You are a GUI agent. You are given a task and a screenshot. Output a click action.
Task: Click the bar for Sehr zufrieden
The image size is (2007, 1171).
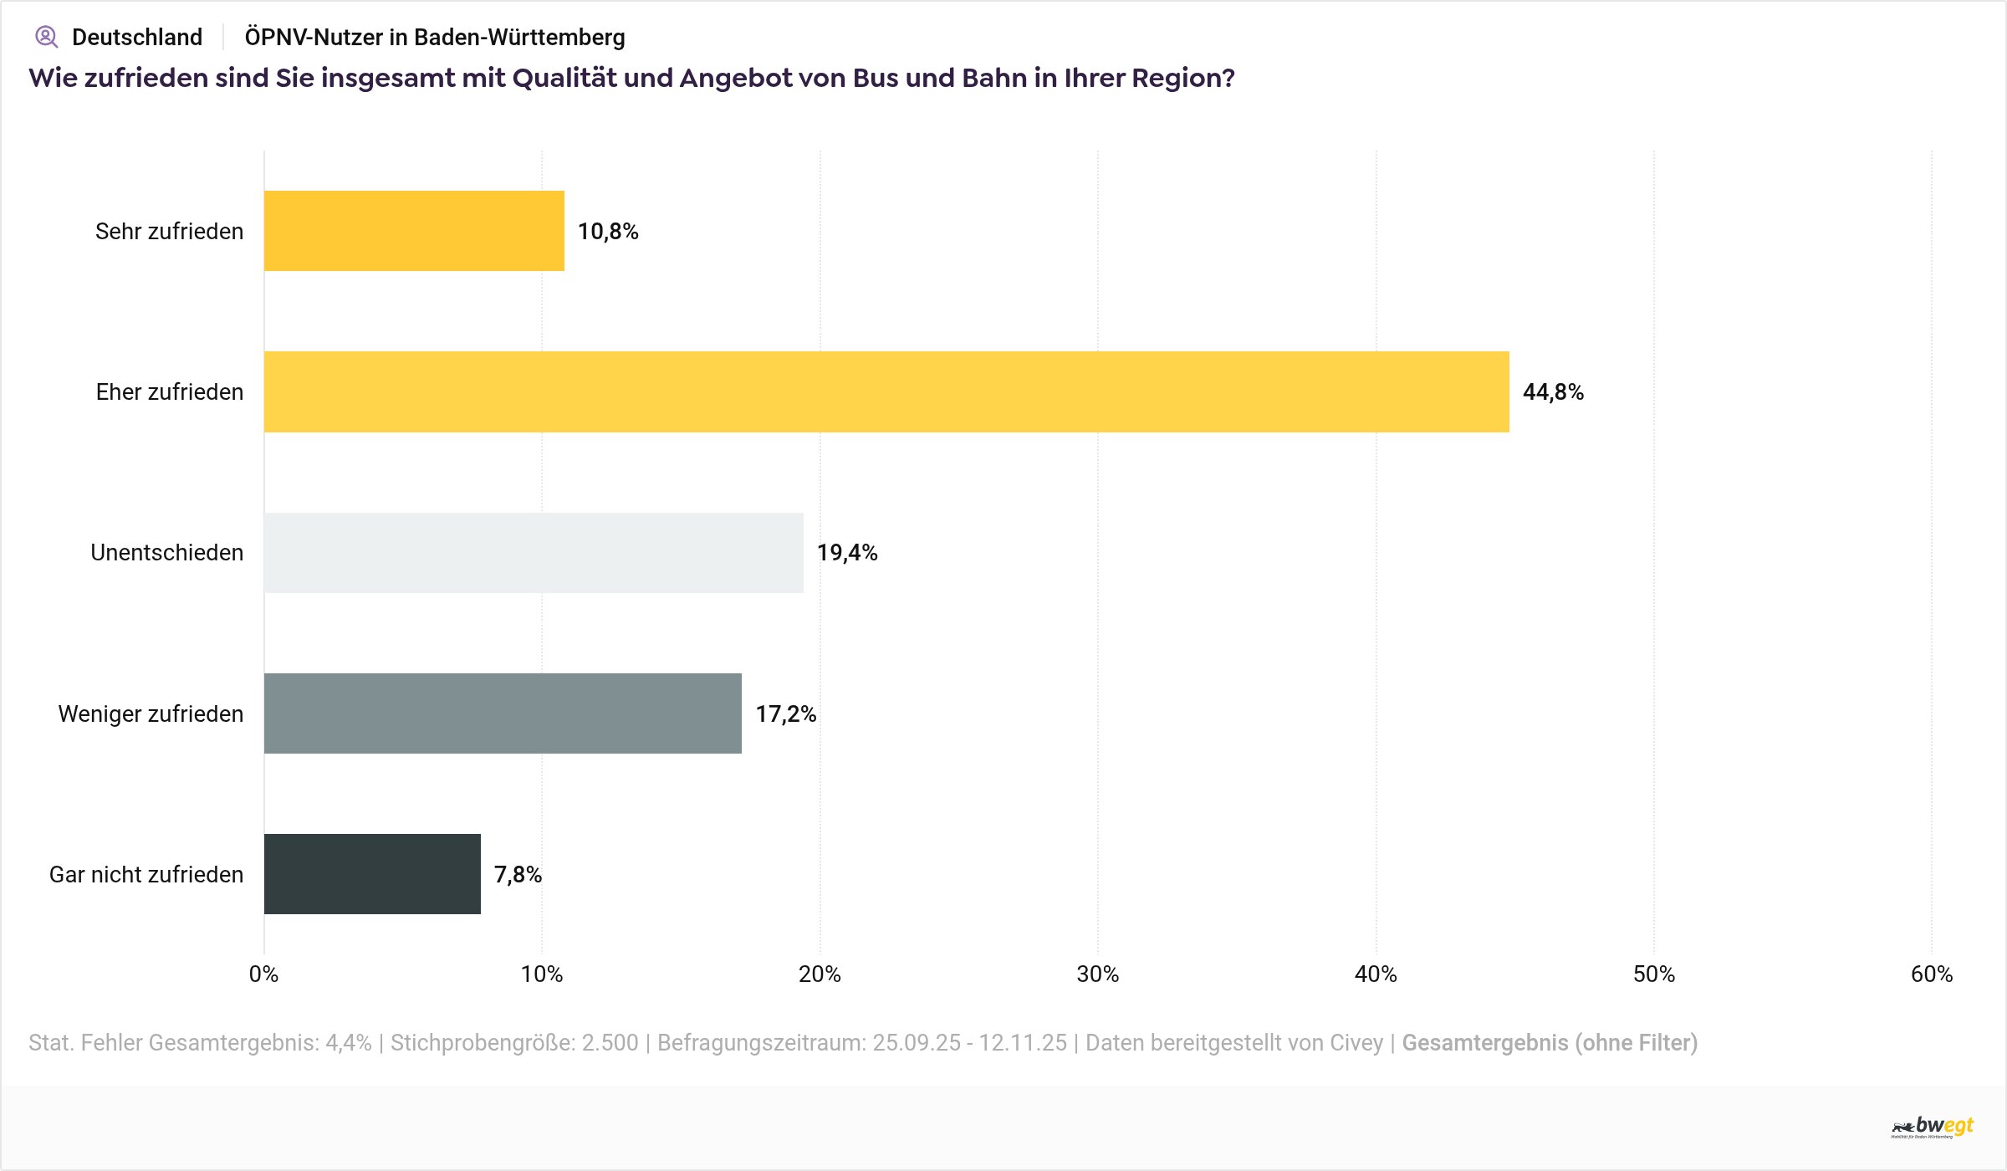tap(414, 231)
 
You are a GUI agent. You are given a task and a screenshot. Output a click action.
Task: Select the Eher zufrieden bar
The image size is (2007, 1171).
tap(886, 391)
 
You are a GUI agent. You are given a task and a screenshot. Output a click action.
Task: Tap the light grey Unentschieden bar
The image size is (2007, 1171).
tap(534, 553)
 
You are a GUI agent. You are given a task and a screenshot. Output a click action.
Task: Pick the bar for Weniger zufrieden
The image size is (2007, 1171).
tap(503, 713)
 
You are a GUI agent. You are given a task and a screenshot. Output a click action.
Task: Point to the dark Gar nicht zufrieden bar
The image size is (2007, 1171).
tap(372, 874)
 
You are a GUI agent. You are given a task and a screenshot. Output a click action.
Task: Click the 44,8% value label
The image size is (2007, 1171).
tap(1553, 392)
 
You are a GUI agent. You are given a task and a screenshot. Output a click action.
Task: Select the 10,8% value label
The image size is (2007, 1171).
tap(608, 232)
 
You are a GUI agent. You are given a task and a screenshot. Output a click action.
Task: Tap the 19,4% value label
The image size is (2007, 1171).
tap(847, 553)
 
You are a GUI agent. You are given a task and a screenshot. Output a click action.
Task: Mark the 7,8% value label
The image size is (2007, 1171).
tap(518, 875)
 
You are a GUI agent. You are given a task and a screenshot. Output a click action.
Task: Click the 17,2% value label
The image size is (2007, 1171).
tap(785, 714)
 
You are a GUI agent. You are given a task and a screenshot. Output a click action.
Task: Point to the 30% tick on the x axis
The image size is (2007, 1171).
tap(1097, 974)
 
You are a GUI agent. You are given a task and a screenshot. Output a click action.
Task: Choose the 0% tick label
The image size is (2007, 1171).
tap(263, 974)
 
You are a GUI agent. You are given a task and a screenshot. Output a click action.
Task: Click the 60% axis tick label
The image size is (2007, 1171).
tap(1931, 974)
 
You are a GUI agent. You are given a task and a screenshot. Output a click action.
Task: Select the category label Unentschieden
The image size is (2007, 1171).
tap(167, 553)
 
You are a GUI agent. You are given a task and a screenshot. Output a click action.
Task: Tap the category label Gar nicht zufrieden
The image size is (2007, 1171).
tap(146, 875)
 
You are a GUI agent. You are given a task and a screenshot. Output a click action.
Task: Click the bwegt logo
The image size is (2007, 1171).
tap(1933, 1127)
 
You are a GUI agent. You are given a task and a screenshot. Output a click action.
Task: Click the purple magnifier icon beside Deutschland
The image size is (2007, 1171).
tap(46, 37)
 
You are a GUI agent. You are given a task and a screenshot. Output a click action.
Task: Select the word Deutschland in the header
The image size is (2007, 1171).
tap(137, 38)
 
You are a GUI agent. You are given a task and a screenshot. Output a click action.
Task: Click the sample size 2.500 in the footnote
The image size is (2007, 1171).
tap(610, 1043)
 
